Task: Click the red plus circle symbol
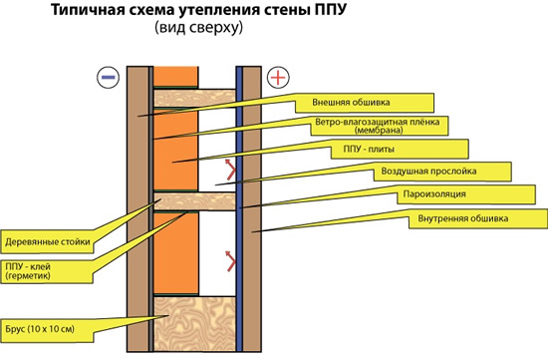pos(278,76)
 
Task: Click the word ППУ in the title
pos(322,11)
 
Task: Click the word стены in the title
pos(276,11)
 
